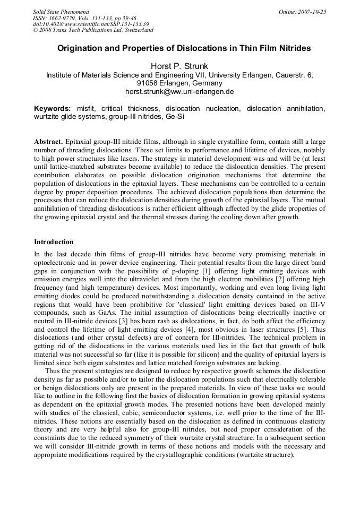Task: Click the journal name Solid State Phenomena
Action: [61, 11]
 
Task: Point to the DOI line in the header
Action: [90, 24]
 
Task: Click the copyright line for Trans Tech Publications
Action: [93, 30]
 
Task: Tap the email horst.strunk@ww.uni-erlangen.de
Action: [179, 91]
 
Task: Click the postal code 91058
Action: [147, 83]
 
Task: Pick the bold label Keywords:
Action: [53, 108]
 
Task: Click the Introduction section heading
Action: [54, 241]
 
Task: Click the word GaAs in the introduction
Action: [98, 308]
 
